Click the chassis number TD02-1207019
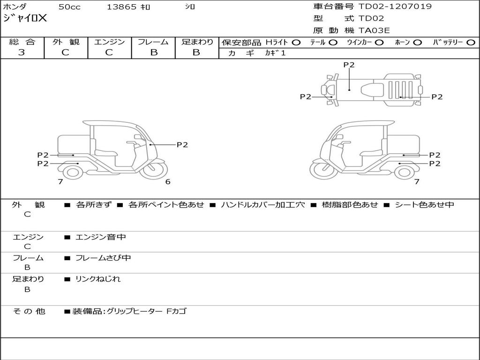395,7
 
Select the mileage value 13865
121,7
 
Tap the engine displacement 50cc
69,7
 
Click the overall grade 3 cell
22,52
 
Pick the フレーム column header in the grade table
153,42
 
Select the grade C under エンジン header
109,52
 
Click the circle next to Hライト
296,42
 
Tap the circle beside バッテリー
471,42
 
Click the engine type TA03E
375,30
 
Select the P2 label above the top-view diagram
349,65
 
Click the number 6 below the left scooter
168,182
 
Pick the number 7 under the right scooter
416,182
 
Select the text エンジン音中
101,237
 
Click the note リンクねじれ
98,279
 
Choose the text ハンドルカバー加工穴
262,205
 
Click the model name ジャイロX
25,19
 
